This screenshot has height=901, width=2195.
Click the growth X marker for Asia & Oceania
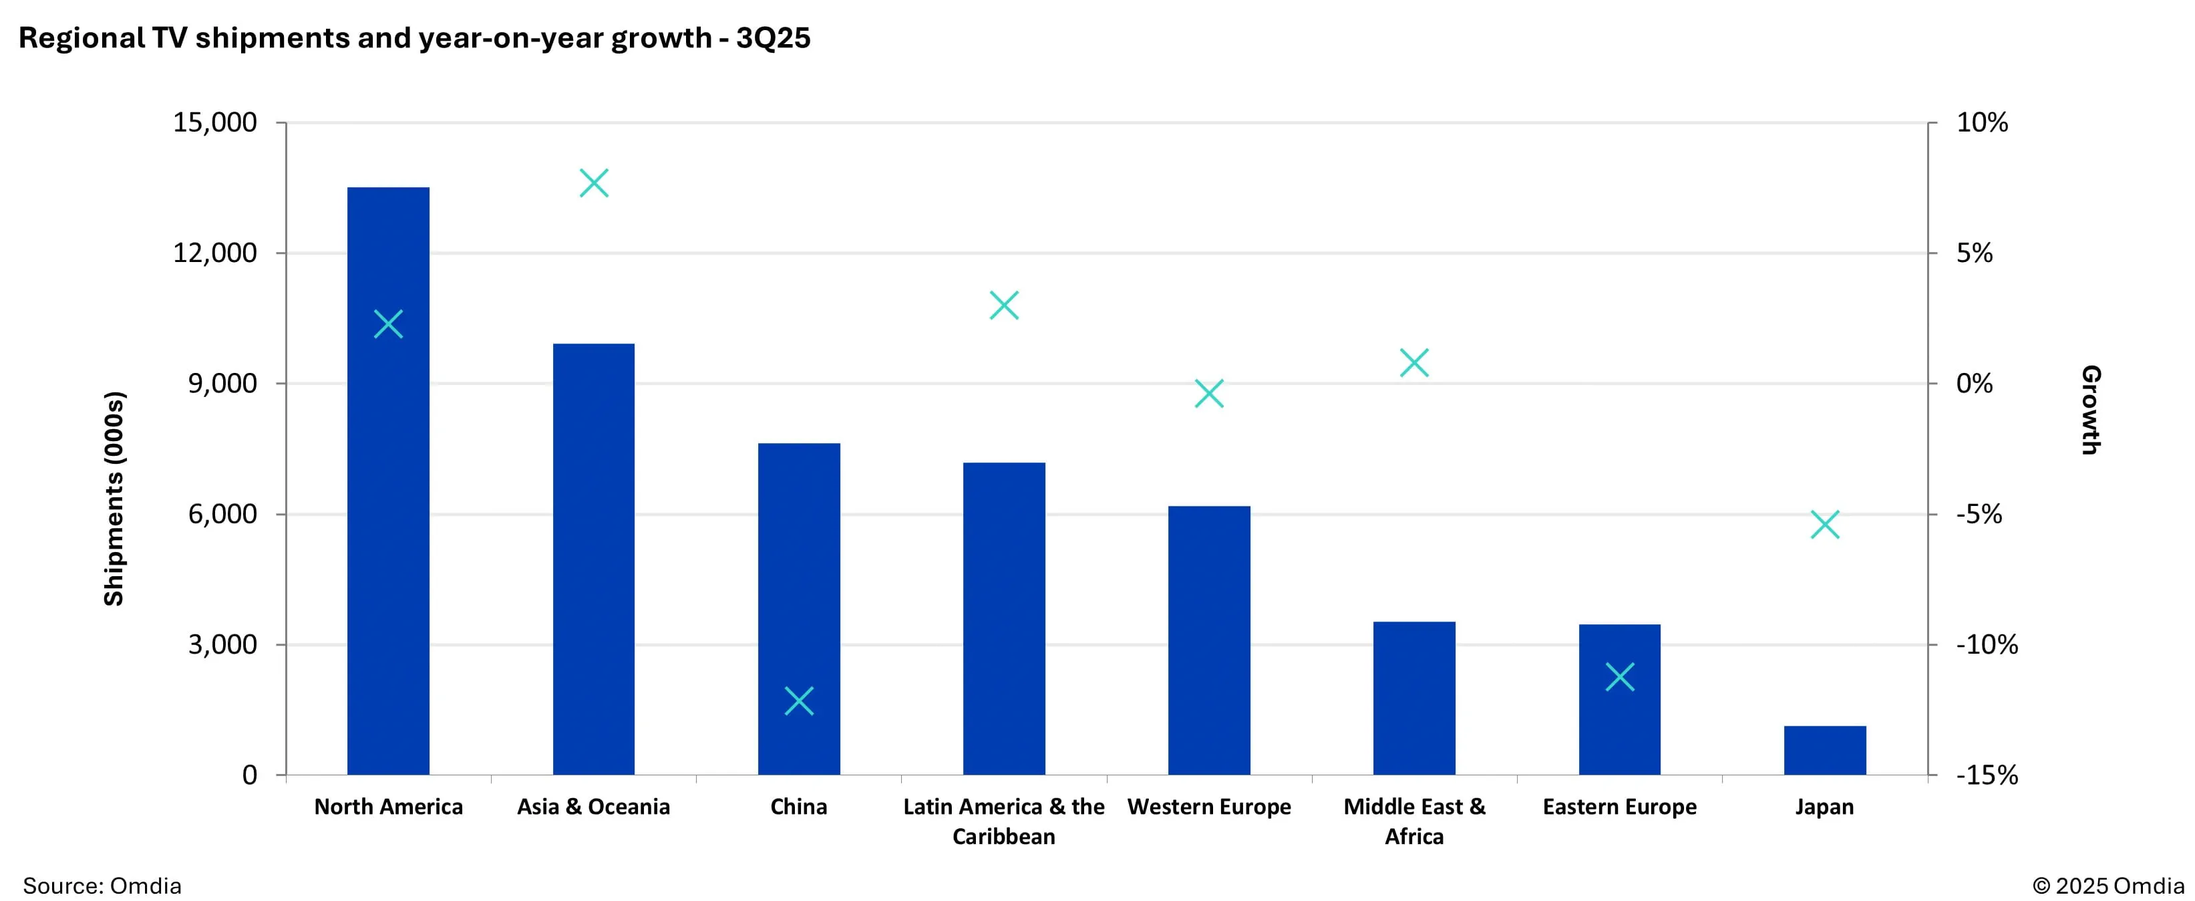tap(594, 183)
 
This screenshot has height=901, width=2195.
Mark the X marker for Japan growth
tap(1824, 525)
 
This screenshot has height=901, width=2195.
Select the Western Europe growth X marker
tap(1208, 394)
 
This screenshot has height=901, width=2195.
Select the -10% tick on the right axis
tap(1986, 644)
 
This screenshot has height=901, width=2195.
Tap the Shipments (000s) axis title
tap(114, 499)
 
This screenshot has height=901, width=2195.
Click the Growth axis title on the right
tap(2090, 410)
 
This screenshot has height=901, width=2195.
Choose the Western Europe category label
tap(1208, 806)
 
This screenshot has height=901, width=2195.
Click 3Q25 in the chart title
tap(773, 38)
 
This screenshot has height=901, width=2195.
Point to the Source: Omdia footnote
tap(102, 886)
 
